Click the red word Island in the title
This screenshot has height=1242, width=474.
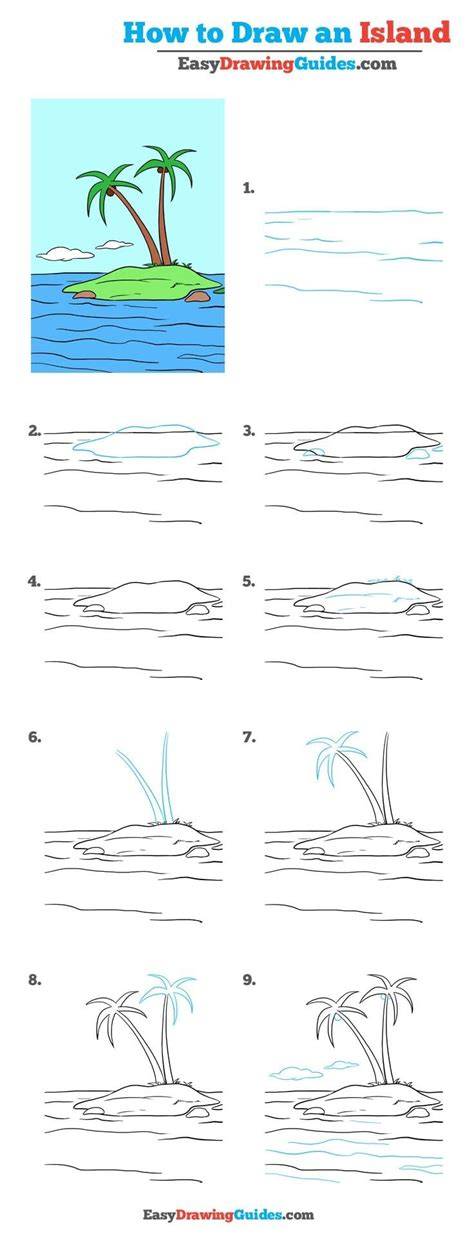[x=404, y=33]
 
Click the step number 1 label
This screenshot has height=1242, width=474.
[x=248, y=189]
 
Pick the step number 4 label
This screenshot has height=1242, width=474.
[x=35, y=582]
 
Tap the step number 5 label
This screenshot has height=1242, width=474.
[x=249, y=582]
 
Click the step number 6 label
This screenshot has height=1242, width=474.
[x=35, y=737]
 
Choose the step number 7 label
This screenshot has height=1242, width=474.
[x=249, y=737]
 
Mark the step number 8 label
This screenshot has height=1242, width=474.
[x=35, y=980]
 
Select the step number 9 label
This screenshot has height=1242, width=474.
[x=249, y=980]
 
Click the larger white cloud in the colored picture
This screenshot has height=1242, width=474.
[x=65, y=254]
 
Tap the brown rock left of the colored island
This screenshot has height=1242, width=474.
[x=85, y=294]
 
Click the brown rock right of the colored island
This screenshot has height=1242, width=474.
[x=197, y=296]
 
